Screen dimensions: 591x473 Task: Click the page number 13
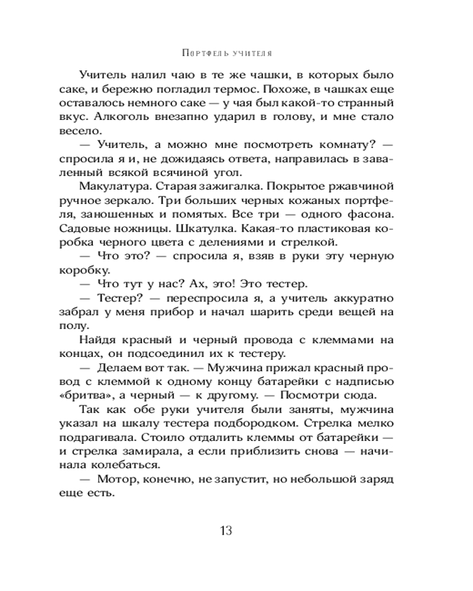pyautogui.click(x=225, y=529)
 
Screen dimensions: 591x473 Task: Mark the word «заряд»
pyautogui.click(x=393, y=478)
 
